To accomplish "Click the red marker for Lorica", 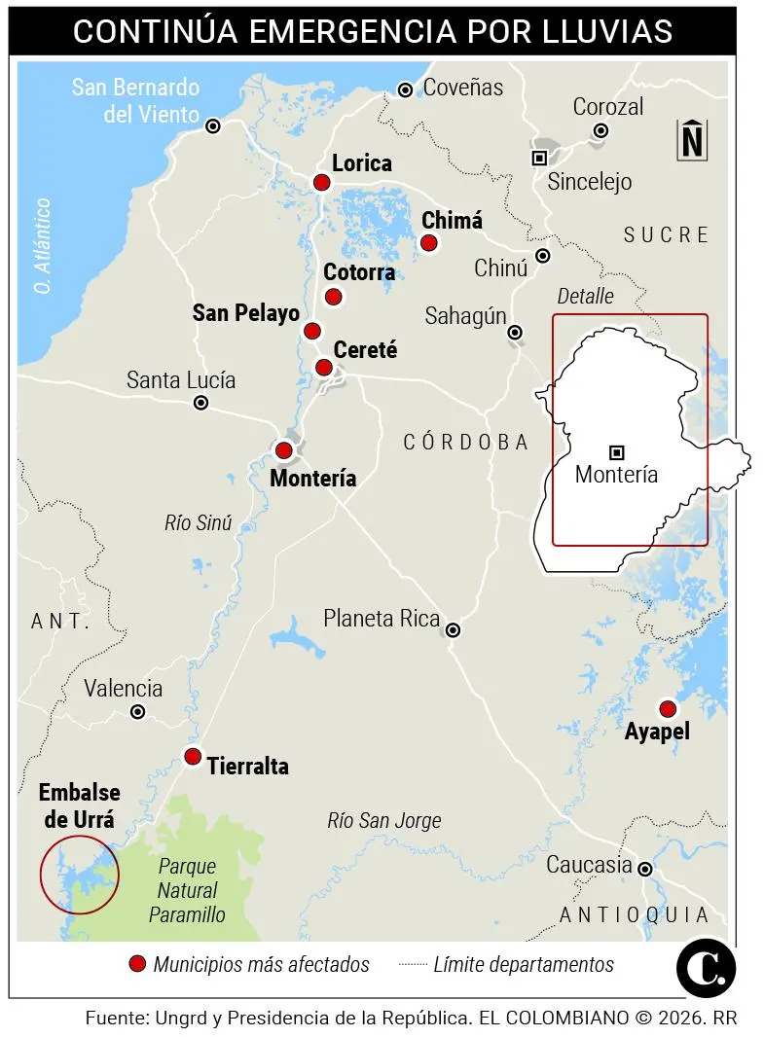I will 321,182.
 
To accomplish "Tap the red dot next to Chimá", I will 428,242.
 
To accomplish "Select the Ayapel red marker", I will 667,708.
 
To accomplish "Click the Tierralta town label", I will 247,767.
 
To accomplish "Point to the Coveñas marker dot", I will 406,90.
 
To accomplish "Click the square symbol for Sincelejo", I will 538,158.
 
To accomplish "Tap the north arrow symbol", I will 692,139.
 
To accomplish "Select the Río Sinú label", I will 199,523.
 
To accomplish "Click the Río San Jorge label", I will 383,821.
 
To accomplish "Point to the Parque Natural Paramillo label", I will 187,890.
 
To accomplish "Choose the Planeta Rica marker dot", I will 453,630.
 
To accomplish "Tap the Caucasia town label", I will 589,865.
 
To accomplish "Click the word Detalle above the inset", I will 585,296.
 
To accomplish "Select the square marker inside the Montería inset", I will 616,451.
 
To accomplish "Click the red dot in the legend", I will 137,964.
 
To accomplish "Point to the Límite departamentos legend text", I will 524,964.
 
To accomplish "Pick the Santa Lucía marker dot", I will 200,403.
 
